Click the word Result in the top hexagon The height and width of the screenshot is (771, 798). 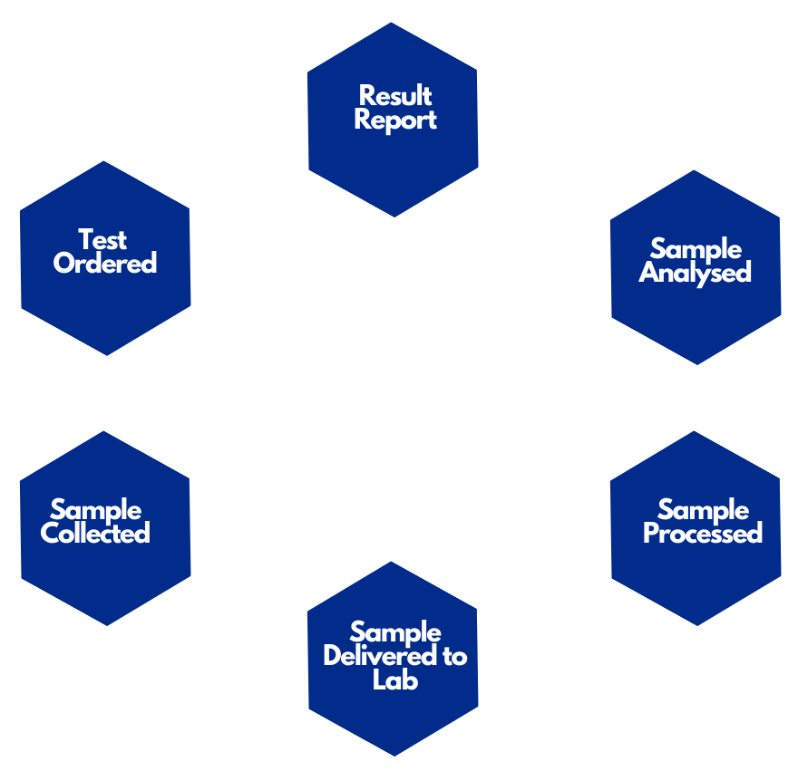click(x=395, y=95)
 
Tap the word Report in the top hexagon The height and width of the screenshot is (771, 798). click(x=395, y=120)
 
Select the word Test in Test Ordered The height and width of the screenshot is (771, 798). click(x=102, y=240)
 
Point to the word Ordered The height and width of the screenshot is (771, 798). click(x=105, y=264)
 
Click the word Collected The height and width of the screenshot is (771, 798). click(x=95, y=534)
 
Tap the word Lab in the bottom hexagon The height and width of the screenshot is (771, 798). click(x=395, y=679)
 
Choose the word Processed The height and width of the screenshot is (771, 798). click(x=703, y=534)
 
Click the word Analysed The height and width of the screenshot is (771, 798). click(x=696, y=273)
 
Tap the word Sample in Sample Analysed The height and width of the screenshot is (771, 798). click(x=696, y=249)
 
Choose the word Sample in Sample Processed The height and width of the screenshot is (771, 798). click(x=703, y=510)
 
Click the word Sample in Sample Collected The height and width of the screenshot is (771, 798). click(x=95, y=510)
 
